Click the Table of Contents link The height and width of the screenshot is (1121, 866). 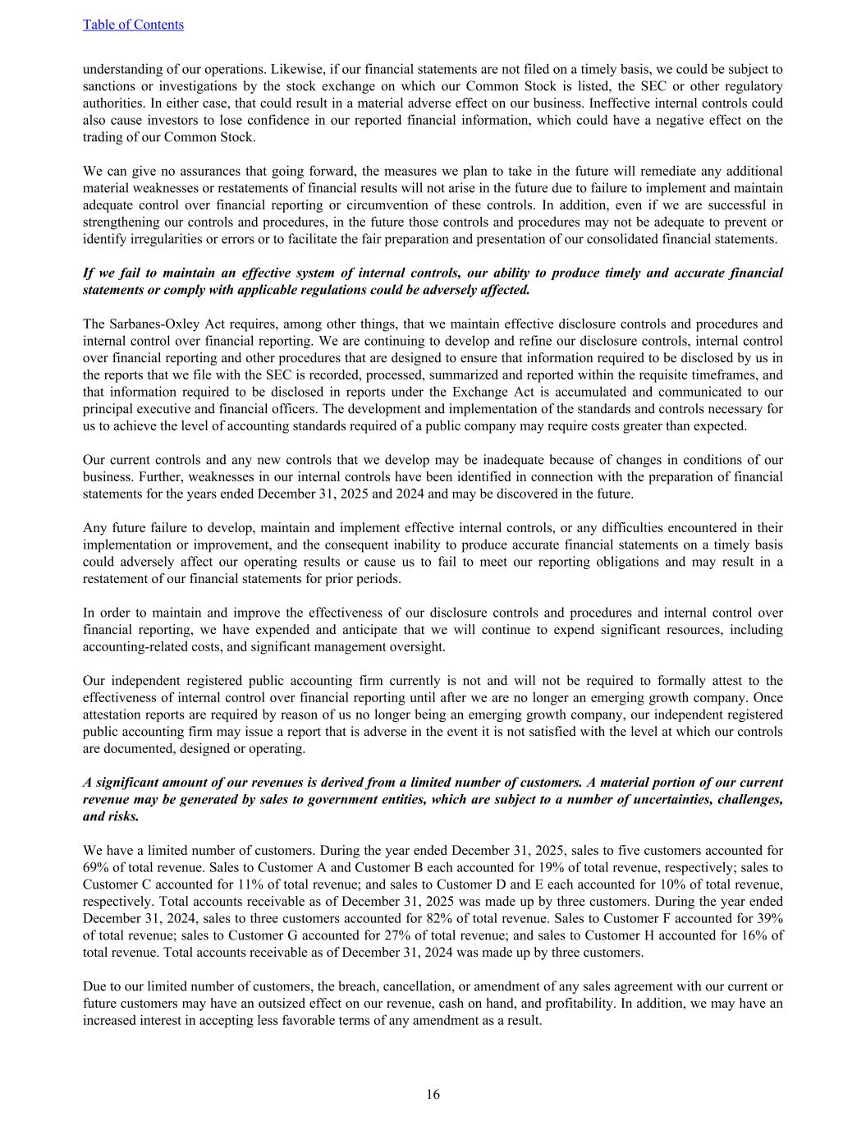pyautogui.click(x=133, y=25)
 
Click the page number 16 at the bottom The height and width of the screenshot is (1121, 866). pyautogui.click(x=433, y=1094)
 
